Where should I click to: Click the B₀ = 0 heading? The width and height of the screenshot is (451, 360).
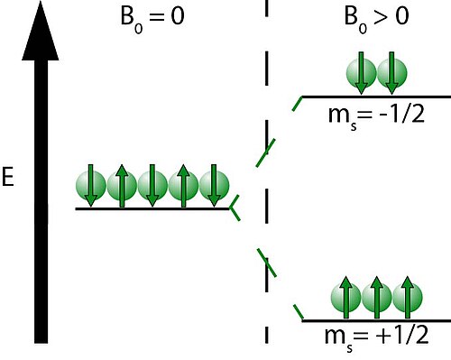152,19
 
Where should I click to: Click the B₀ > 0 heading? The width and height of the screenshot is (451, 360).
376,19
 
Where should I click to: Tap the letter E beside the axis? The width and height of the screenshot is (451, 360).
8,177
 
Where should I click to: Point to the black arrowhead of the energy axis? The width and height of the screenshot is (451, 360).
41,31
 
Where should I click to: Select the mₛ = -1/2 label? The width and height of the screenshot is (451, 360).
376,116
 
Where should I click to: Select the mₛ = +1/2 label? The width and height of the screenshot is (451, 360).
376,337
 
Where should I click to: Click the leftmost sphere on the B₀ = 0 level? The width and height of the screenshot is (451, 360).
91,186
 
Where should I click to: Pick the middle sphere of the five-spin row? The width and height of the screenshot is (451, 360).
152,186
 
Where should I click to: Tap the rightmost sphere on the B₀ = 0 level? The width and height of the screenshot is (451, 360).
214,186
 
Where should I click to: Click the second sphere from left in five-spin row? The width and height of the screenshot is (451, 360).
122,186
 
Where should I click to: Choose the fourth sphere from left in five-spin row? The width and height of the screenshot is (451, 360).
183,186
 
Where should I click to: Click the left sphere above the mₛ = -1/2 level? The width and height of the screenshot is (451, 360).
361,73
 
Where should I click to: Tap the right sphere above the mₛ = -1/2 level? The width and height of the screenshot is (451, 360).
391,73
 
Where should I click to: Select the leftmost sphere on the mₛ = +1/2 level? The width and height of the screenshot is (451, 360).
345,298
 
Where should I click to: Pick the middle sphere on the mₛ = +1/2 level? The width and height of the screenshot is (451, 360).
377,298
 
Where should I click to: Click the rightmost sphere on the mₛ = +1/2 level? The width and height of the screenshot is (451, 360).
408,298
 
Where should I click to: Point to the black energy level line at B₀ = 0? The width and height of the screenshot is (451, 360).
152,208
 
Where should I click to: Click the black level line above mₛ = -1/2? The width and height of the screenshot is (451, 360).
376,97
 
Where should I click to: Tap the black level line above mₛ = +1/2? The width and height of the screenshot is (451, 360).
376,321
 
